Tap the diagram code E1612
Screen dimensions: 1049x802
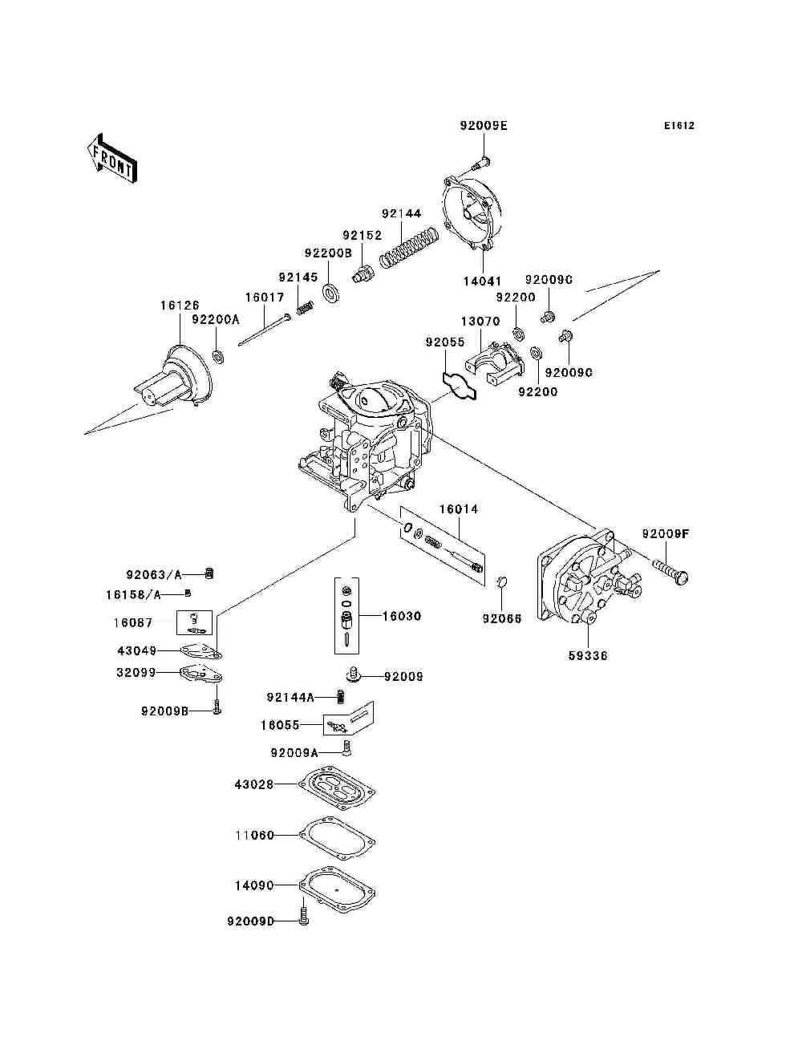click(678, 126)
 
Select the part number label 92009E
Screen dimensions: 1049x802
click(484, 126)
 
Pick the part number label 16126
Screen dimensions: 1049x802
click(180, 305)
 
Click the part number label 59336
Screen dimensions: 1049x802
click(588, 655)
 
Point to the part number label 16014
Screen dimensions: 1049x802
click(458, 509)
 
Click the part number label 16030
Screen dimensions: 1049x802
click(401, 616)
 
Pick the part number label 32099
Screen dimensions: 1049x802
click(136, 673)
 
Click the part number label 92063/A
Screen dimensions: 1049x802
click(154, 574)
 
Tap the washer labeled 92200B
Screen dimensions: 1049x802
click(330, 290)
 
